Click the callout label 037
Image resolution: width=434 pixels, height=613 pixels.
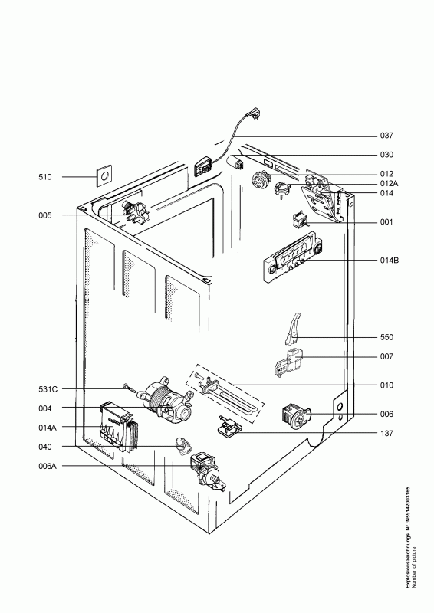click(386, 136)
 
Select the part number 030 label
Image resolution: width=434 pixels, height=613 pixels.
click(386, 155)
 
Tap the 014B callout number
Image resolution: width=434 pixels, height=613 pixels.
click(390, 260)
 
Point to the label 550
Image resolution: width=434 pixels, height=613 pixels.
click(386, 337)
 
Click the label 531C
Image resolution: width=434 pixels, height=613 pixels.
click(48, 389)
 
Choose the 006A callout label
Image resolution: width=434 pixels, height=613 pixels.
click(48, 466)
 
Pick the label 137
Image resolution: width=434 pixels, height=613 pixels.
click(386, 433)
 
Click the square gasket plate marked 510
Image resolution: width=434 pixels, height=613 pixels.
click(104, 177)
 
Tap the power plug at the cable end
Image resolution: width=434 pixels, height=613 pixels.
click(251, 113)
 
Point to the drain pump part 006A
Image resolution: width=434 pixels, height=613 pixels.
click(207, 471)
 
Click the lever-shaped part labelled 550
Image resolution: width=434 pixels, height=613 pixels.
click(293, 329)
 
